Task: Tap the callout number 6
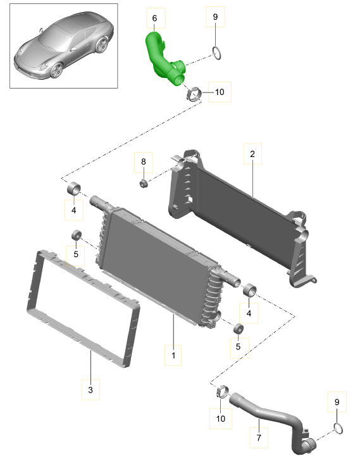(154, 18)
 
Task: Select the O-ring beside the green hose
(216, 53)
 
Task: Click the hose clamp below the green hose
(194, 94)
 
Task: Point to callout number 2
(252, 154)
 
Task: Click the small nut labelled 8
(144, 184)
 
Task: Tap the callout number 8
(144, 161)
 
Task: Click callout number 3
(90, 389)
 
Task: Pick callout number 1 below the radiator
(173, 355)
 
